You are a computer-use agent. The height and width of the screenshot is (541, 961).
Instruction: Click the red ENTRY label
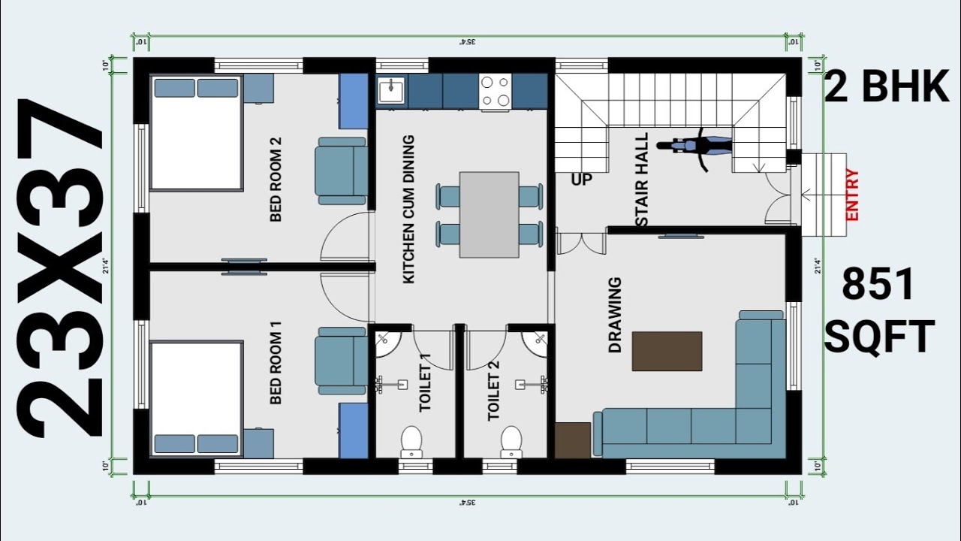[852, 195]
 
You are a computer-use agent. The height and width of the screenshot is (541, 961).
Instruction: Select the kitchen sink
[390, 91]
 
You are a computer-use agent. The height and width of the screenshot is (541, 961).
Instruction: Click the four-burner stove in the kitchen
[496, 92]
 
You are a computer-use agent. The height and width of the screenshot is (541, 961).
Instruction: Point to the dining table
[489, 215]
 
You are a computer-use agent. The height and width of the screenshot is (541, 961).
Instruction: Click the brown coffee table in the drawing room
[667, 351]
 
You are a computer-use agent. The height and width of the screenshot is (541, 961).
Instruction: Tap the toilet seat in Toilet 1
[411, 442]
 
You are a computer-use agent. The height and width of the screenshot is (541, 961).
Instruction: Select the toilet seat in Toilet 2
[511, 442]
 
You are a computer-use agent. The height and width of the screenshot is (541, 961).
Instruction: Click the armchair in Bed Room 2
[342, 171]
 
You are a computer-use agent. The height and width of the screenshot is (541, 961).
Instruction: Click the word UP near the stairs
[581, 180]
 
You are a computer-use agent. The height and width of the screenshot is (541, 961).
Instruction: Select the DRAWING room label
[615, 316]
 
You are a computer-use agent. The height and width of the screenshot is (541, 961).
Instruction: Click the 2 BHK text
[887, 88]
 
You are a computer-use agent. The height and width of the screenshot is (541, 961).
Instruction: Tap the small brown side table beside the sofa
[573, 440]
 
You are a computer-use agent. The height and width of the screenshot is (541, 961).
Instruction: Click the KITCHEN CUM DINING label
[409, 210]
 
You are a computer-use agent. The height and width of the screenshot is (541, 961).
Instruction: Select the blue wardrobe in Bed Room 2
[353, 101]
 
